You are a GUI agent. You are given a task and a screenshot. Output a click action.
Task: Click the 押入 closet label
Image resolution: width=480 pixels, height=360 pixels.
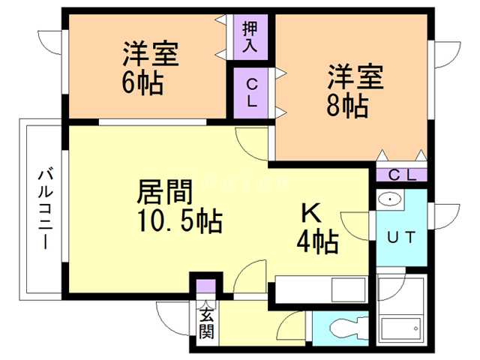click(250, 37)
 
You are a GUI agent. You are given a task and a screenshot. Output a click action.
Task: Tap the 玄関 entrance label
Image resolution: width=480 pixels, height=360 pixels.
click(206, 323)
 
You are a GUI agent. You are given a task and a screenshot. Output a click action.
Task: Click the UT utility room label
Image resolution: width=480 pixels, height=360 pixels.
click(400, 237)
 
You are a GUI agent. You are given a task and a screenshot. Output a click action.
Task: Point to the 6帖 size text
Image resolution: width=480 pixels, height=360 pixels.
click(142, 83)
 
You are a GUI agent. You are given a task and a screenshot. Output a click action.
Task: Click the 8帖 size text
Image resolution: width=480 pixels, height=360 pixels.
click(346, 106)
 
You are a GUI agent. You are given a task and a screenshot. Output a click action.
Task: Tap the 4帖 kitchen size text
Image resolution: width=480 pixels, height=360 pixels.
click(314, 241)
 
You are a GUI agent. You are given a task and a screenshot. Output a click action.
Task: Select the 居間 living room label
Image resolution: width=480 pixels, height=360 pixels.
click(160, 192)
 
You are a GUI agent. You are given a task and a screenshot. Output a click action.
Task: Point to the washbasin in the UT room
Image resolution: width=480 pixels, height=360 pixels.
click(390, 200)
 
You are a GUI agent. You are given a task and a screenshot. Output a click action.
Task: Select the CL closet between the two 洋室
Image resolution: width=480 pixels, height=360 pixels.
click(251, 93)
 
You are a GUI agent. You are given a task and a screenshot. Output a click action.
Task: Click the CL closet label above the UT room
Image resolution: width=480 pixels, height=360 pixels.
click(402, 175)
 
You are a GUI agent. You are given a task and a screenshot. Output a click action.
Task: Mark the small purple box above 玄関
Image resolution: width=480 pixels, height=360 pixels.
click(206, 286)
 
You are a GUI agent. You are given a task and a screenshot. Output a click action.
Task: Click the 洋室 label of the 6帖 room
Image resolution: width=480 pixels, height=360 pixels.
click(149, 55)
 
